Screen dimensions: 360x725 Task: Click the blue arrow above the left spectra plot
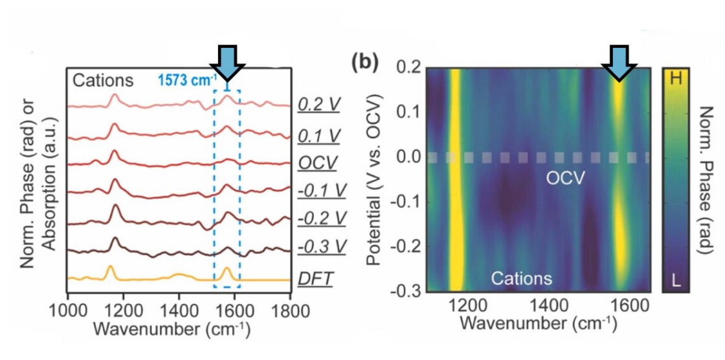227,62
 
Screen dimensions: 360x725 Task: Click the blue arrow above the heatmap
619,62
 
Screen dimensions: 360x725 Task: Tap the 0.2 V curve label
317,104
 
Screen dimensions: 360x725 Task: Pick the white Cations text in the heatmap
521,278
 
